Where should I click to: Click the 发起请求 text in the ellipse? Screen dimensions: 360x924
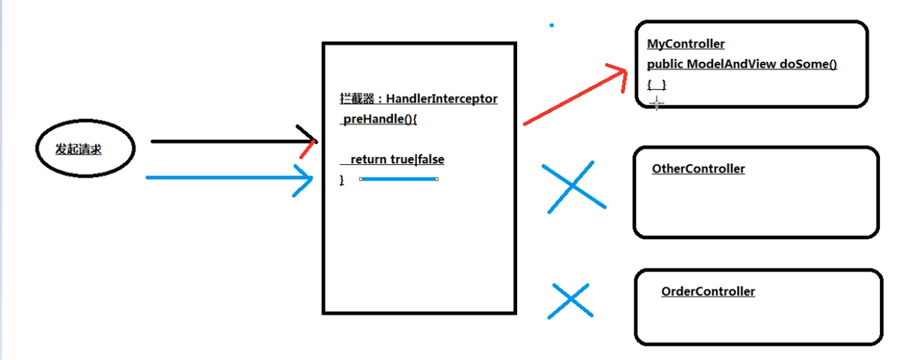coord(79,150)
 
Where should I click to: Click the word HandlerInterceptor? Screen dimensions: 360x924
coord(441,99)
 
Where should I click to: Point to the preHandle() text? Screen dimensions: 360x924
coord(379,119)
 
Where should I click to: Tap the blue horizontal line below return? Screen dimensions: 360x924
coord(398,179)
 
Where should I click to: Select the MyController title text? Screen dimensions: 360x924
coord(686,45)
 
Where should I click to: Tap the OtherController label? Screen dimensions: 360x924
coord(698,169)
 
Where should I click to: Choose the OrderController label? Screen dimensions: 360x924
coord(708,292)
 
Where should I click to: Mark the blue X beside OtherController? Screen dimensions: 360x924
coord(573,187)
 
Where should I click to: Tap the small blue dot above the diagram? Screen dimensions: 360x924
coord(552,25)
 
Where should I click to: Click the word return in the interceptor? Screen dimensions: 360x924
coord(368,160)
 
